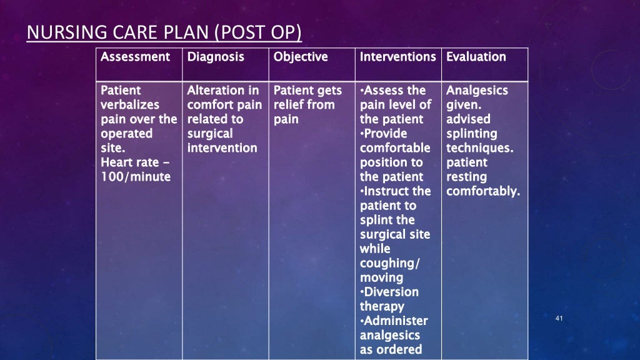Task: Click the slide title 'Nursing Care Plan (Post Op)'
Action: [x=164, y=32]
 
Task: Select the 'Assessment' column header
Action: [x=135, y=57]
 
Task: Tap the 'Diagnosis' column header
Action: [x=216, y=57]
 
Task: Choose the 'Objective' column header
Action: [x=301, y=57]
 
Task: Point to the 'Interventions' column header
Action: [x=397, y=57]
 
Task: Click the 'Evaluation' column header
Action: [x=476, y=57]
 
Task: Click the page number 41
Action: [x=559, y=319]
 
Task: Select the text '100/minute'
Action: [x=135, y=177]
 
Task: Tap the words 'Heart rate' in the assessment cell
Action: [x=130, y=162]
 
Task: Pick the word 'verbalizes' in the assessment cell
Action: [x=130, y=105]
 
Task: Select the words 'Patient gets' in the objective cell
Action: [x=307, y=91]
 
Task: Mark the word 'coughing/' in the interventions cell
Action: [x=390, y=263]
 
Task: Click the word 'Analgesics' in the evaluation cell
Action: [x=477, y=91]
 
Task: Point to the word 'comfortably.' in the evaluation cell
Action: [x=483, y=191]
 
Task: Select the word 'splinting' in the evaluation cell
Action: [x=472, y=134]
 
